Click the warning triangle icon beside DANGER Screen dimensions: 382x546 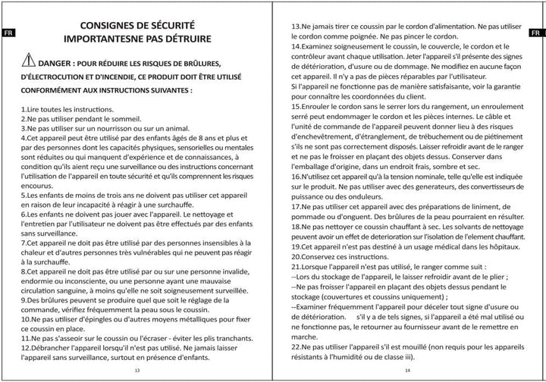point(29,61)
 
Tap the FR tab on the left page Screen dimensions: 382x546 point(7,33)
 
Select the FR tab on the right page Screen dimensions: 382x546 point(535,33)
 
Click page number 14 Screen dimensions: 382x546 point(407,370)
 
